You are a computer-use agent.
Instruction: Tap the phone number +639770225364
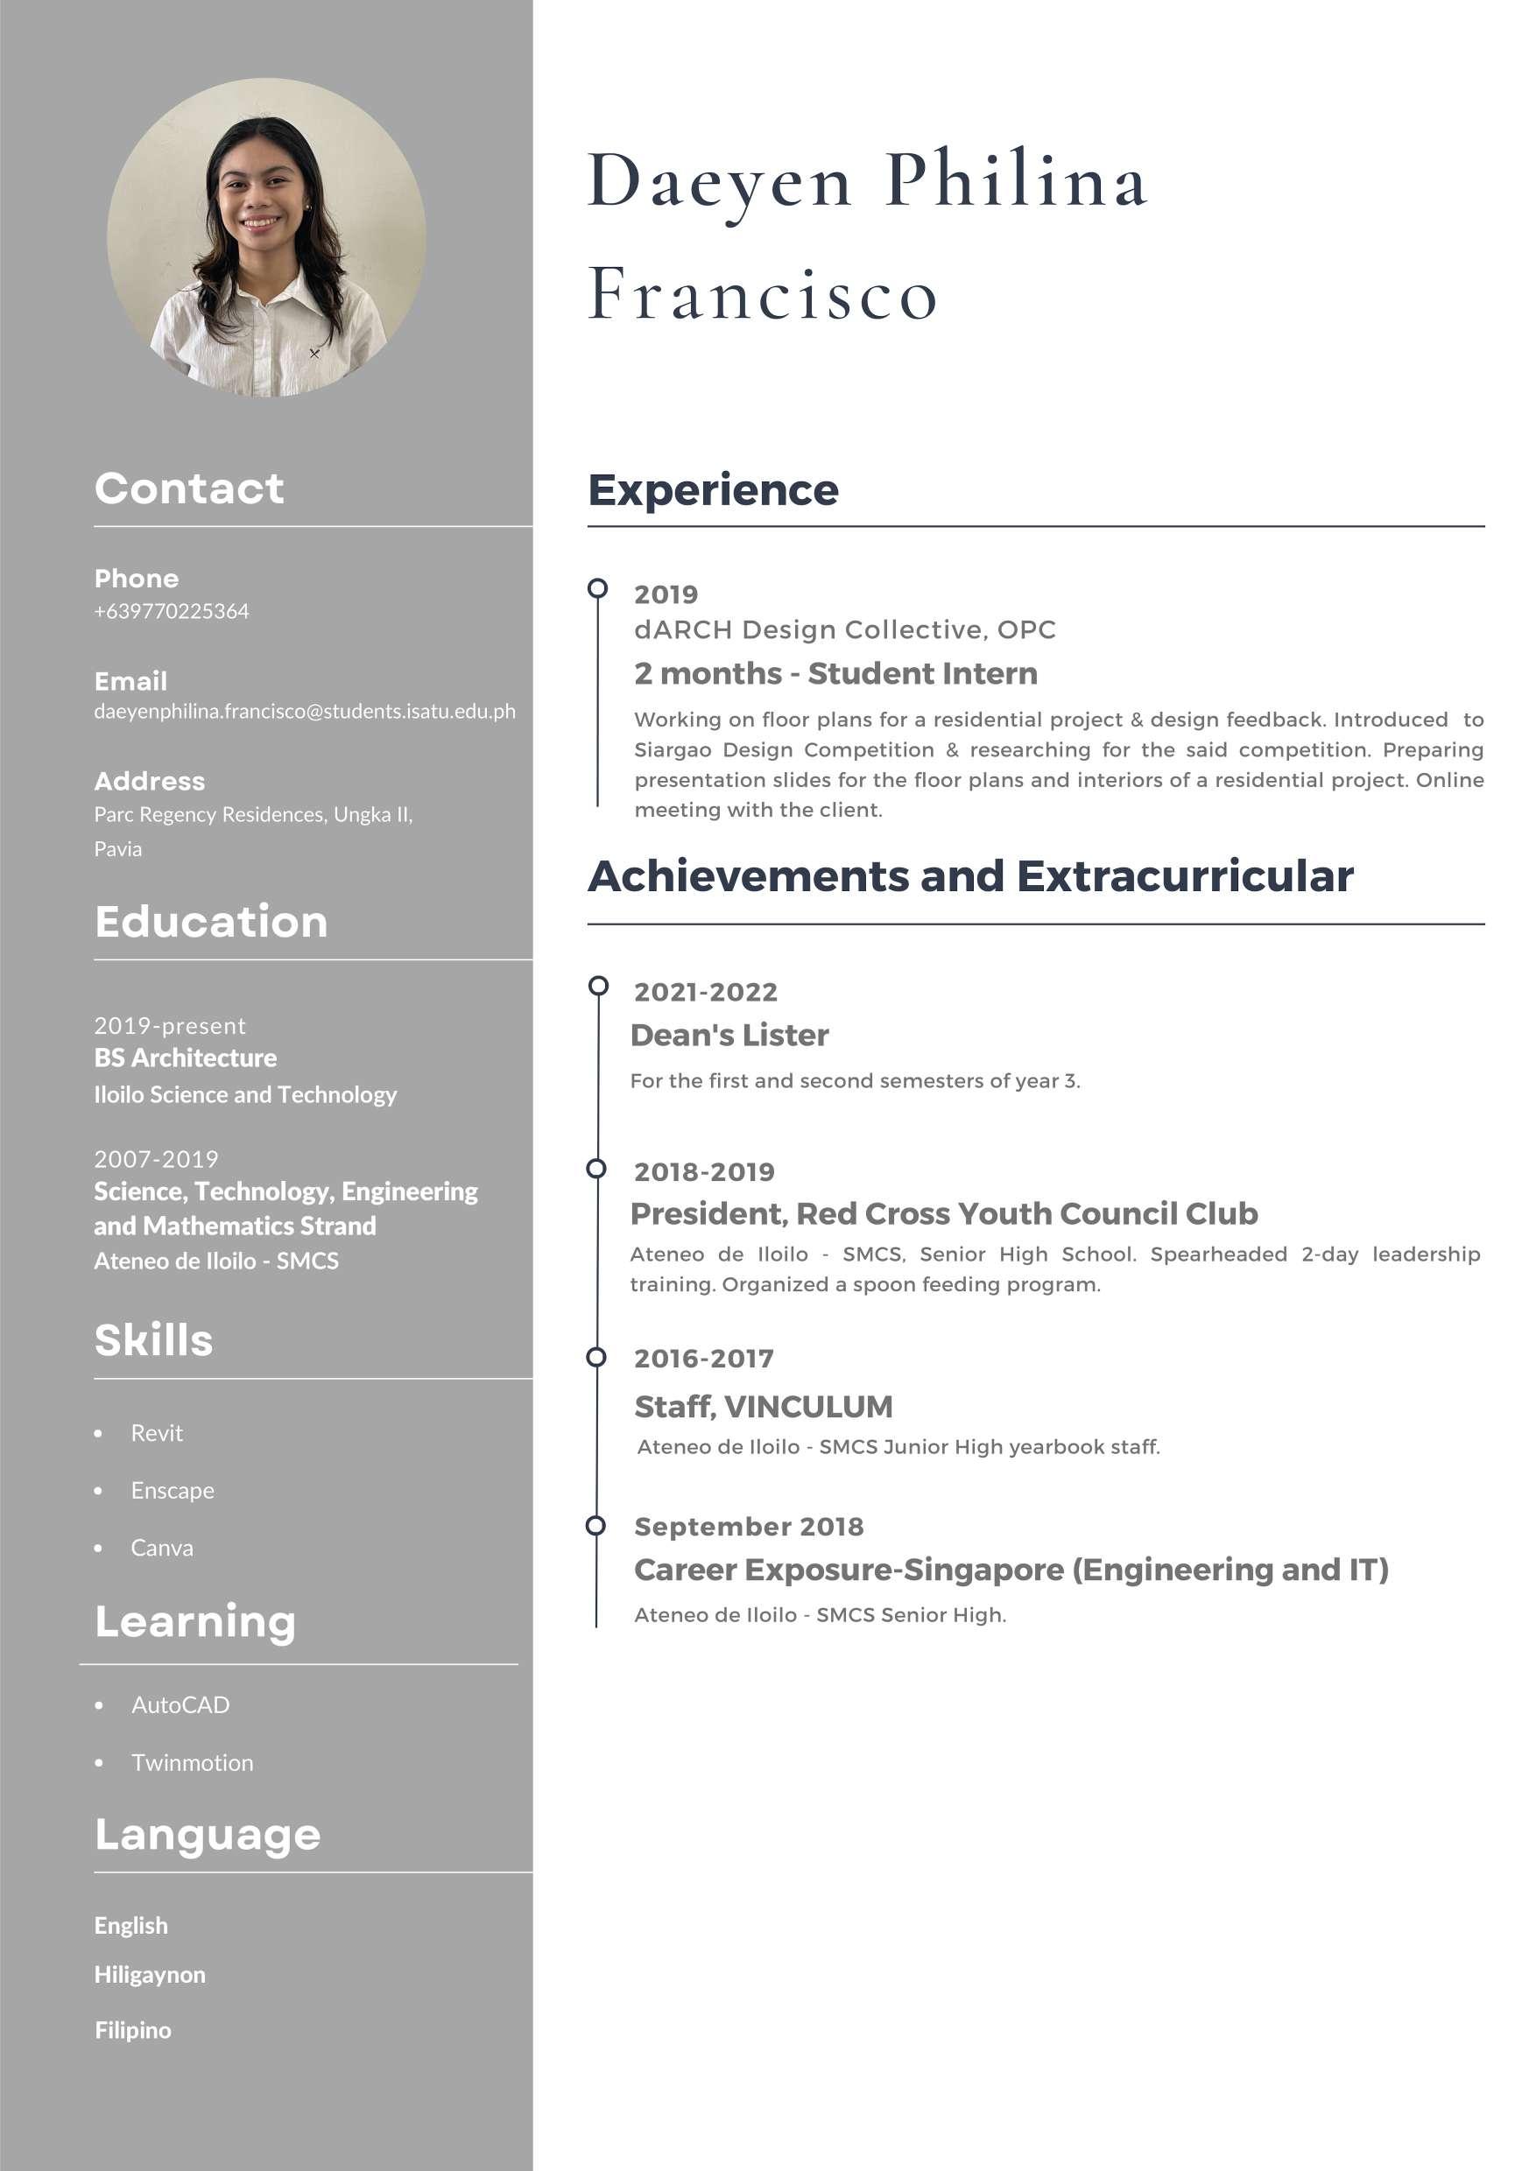(171, 612)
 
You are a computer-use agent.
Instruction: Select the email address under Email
(305, 711)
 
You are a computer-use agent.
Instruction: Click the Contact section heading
(189, 488)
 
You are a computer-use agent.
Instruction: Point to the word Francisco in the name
(763, 294)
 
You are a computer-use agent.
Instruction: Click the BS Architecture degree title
(186, 1057)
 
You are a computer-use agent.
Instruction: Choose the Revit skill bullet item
(157, 1432)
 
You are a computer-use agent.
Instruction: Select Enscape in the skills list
(173, 1490)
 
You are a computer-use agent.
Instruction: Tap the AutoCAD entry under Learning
(180, 1704)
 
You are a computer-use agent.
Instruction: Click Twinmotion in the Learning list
(192, 1762)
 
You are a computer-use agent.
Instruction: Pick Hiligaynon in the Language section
(150, 1974)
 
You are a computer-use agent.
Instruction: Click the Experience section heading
(713, 490)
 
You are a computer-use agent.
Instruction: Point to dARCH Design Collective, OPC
(844, 629)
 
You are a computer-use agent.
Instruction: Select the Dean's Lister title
(729, 1036)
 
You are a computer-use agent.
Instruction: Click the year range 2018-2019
(704, 1171)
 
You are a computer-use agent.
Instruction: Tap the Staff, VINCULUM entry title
(764, 1406)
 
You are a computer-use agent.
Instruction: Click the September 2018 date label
(749, 1526)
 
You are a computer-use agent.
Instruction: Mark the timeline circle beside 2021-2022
(598, 987)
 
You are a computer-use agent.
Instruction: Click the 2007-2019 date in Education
(156, 1158)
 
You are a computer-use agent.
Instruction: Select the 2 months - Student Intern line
(836, 673)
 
